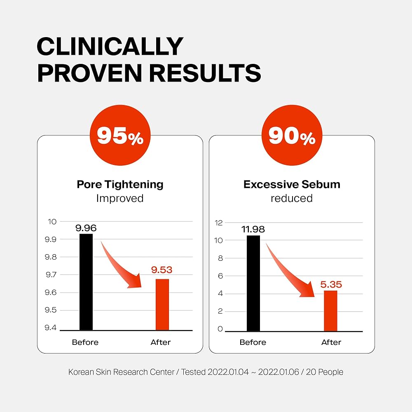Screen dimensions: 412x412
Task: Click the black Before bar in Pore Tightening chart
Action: coord(86,282)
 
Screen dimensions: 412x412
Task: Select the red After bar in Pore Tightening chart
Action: coord(162,304)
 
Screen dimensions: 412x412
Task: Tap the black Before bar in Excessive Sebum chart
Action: coord(253,283)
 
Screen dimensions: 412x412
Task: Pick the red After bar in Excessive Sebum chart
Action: coord(330,311)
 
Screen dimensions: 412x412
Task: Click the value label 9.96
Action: coord(86,228)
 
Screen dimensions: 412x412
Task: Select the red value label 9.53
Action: coord(162,271)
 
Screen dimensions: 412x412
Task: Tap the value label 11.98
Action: coord(253,229)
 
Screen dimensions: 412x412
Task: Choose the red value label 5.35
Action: coord(331,285)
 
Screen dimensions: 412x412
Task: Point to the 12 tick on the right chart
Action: coord(219,223)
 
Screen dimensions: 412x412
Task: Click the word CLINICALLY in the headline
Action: coord(110,47)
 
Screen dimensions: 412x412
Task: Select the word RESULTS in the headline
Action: coord(205,73)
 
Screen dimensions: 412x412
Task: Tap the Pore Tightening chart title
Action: coord(120,184)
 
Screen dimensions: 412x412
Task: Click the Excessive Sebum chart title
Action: coord(292,184)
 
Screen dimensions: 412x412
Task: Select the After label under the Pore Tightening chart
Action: coord(161,342)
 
